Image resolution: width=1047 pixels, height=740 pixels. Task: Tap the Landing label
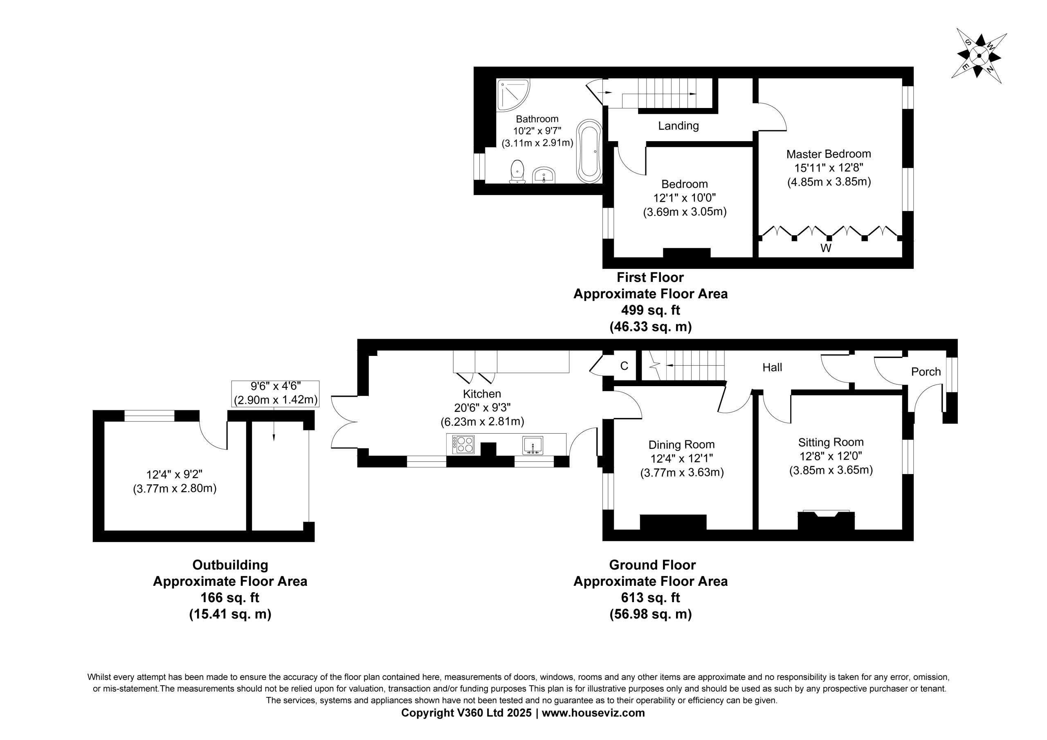pyautogui.click(x=678, y=126)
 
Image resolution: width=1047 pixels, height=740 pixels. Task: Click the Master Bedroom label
pyautogui.click(x=829, y=154)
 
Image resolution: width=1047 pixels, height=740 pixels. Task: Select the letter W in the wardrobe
pyautogui.click(x=826, y=248)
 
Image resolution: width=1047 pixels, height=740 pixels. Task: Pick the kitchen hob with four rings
pyautogui.click(x=463, y=444)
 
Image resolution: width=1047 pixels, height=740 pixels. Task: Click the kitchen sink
pyautogui.click(x=533, y=445)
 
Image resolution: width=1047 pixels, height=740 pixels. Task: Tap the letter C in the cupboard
pyautogui.click(x=624, y=366)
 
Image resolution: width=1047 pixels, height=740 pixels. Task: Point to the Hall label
pyautogui.click(x=772, y=367)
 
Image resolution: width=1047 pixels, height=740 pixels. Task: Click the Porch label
pyautogui.click(x=926, y=372)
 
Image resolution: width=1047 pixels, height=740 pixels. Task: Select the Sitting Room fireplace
pyautogui.click(x=826, y=520)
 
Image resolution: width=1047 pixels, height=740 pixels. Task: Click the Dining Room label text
pyautogui.click(x=681, y=444)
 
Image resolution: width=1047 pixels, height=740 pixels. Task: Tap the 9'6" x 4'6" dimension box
pyautogui.click(x=275, y=394)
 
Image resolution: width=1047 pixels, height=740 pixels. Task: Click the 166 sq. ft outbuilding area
pyautogui.click(x=230, y=598)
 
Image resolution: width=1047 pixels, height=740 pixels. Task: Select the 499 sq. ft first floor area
pyautogui.click(x=650, y=310)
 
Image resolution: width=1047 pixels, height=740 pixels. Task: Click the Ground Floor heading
pyautogui.click(x=652, y=565)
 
